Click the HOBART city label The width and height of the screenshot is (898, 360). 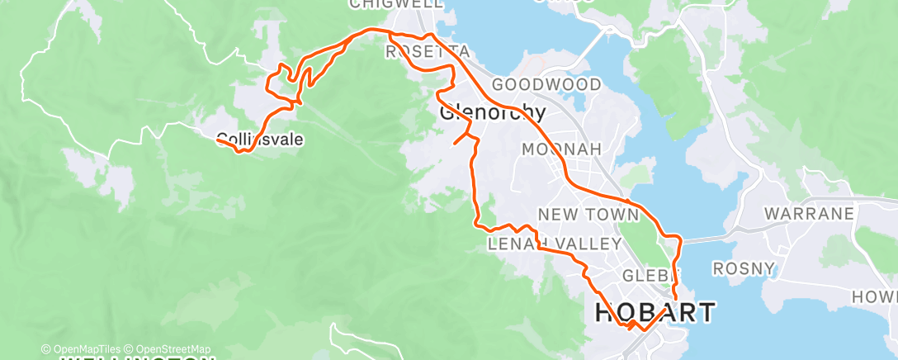tap(655, 313)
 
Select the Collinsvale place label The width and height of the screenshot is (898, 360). tap(260, 140)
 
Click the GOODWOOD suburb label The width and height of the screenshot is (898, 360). tap(546, 84)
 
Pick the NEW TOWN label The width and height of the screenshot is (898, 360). tap(588, 215)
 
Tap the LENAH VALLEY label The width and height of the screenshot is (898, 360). tap(554, 244)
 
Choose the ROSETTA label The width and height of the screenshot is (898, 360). tap(428, 52)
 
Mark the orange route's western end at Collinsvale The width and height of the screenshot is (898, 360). tap(218, 140)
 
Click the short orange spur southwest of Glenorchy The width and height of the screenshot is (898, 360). tap(459, 139)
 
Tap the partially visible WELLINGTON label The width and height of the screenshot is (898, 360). tap(136, 358)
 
